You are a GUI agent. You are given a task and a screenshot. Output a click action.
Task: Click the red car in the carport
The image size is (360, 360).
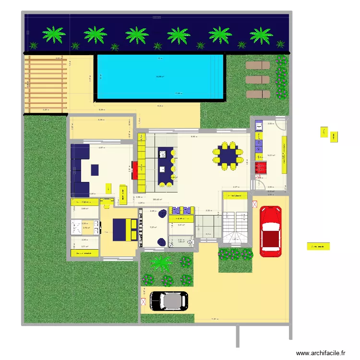(271, 231)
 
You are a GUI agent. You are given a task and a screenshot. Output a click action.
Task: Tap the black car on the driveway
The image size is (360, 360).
(168, 301)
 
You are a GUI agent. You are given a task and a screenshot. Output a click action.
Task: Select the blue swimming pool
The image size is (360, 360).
(161, 77)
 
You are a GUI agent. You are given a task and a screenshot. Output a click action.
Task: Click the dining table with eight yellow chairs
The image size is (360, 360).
(225, 155)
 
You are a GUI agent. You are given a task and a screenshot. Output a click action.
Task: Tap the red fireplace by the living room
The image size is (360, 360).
(135, 169)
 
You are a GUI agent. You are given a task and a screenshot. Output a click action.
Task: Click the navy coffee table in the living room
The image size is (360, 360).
(95, 169)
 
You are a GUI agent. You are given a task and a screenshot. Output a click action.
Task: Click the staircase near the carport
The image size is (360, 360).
(235, 225)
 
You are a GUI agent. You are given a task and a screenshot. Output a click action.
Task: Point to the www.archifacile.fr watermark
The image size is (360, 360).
(320, 353)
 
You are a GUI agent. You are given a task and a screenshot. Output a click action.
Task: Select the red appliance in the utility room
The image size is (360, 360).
(260, 168)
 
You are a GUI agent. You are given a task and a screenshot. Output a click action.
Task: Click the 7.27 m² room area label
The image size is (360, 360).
(154, 228)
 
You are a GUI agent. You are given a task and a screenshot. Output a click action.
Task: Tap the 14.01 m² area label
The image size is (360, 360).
(271, 155)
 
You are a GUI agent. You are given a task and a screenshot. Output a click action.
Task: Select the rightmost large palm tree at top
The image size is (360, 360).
(261, 35)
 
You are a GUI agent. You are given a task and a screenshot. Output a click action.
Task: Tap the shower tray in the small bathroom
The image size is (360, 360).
(76, 226)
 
